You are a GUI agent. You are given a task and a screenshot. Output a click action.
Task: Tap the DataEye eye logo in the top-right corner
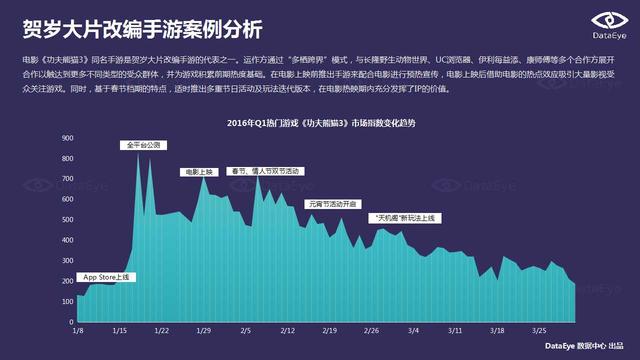[605, 19]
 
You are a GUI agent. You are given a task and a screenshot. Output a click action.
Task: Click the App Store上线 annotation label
[106, 277]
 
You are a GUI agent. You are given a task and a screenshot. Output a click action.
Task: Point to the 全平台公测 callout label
[143, 145]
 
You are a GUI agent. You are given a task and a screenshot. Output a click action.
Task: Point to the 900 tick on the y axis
[67, 137]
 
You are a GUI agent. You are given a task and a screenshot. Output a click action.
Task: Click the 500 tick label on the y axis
[67, 216]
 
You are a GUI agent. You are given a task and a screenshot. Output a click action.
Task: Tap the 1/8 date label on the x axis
[78, 329]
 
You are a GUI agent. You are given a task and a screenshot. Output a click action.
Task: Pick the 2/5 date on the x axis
[245, 329]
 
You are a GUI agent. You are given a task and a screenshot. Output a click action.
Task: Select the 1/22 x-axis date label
[161, 329]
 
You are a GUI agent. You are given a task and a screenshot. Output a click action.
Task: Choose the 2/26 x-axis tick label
[371, 329]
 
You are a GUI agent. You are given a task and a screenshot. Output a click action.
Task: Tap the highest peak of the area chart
[138, 153]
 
